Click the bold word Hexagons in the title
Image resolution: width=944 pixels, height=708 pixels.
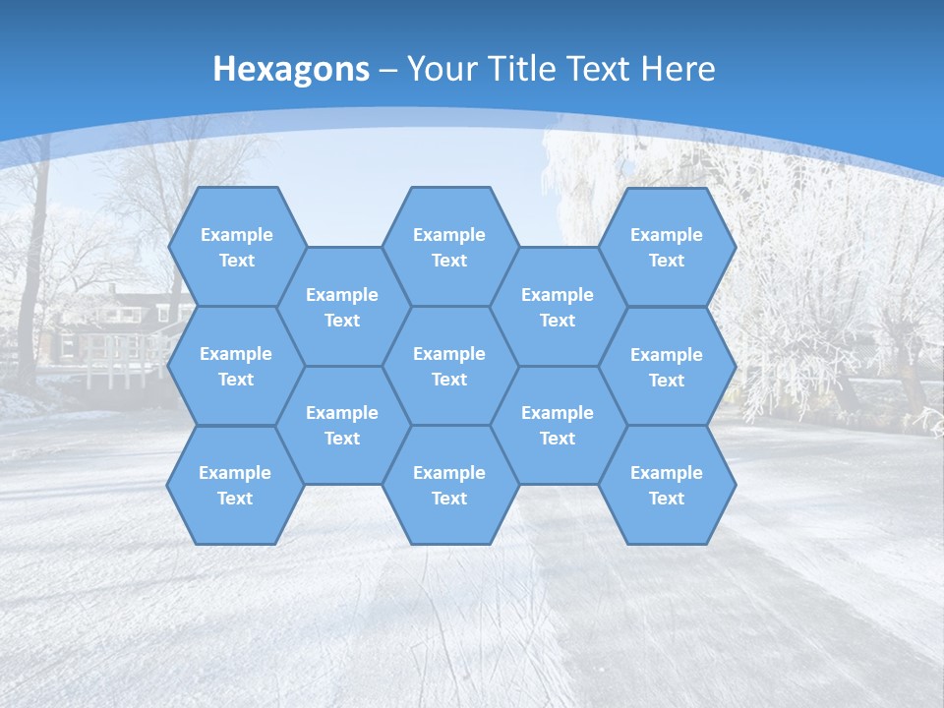pos(291,69)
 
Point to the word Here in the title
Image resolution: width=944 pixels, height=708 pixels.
pos(678,69)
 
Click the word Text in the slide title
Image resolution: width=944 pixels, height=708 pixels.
pos(599,69)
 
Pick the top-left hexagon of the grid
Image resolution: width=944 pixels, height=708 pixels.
pos(236,247)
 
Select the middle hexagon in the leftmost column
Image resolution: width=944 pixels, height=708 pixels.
pos(236,366)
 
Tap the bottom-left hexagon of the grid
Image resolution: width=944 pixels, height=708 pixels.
pos(235,485)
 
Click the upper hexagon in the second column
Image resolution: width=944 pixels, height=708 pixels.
pos(342,307)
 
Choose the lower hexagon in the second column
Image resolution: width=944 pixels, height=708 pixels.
pos(342,425)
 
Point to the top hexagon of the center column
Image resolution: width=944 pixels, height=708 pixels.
pos(449,247)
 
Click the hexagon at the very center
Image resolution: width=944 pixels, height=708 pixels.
pos(449,366)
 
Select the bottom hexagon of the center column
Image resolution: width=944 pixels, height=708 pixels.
pos(449,485)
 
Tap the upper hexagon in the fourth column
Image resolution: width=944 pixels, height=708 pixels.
pos(558,307)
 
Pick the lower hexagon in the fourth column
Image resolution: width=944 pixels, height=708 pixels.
pos(558,425)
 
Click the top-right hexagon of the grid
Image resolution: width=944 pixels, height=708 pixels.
pos(667,247)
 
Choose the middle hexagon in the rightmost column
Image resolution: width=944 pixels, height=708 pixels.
pos(667,367)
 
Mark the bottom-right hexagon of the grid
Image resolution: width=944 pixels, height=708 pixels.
pos(667,485)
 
